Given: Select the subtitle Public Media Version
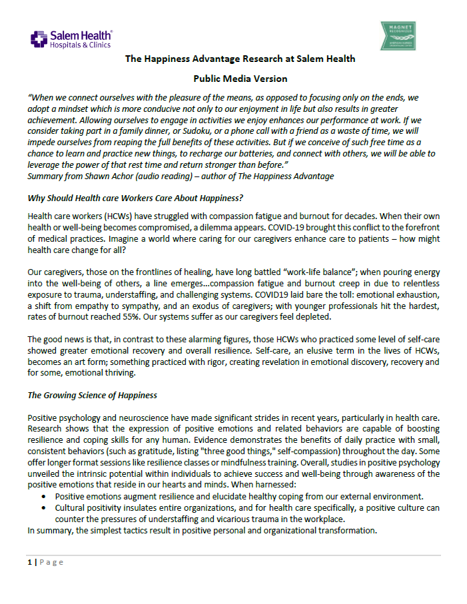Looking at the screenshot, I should tap(240, 79).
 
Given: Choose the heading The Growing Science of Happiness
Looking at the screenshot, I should tap(92, 395).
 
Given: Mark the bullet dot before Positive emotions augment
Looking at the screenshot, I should tap(44, 496).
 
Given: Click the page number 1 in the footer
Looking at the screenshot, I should tap(29, 562).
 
